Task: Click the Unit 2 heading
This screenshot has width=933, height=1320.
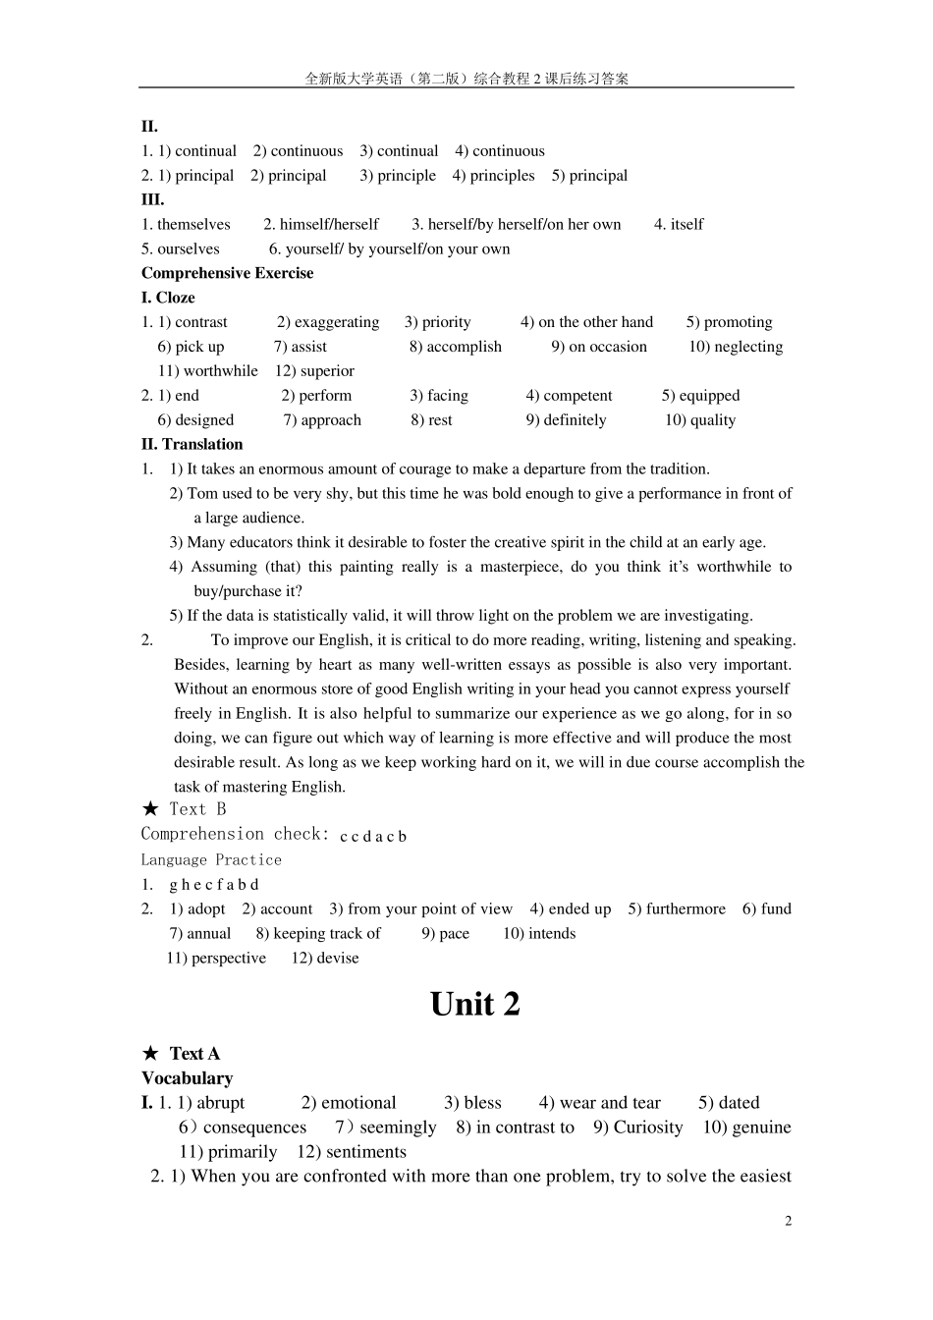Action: [474, 1004]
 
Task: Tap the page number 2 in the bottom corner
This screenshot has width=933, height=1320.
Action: [788, 1221]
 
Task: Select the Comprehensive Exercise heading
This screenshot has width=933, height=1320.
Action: [227, 273]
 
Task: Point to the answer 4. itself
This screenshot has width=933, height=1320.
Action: [679, 224]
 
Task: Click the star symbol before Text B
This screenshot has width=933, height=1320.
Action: [150, 809]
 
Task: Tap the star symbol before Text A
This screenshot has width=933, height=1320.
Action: [150, 1054]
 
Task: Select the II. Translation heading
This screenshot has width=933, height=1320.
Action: [192, 444]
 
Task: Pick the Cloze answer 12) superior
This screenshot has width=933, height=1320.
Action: [314, 371]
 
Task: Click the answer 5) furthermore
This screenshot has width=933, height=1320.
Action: [677, 909]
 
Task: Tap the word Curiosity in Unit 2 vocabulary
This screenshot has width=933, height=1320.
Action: [647, 1127]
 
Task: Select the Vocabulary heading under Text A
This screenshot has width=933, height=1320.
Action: [187, 1078]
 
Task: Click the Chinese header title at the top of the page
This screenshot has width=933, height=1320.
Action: [466, 79]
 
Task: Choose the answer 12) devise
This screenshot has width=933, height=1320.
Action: [325, 959]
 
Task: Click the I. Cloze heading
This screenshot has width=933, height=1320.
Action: [168, 298]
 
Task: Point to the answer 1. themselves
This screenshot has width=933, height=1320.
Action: [186, 224]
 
